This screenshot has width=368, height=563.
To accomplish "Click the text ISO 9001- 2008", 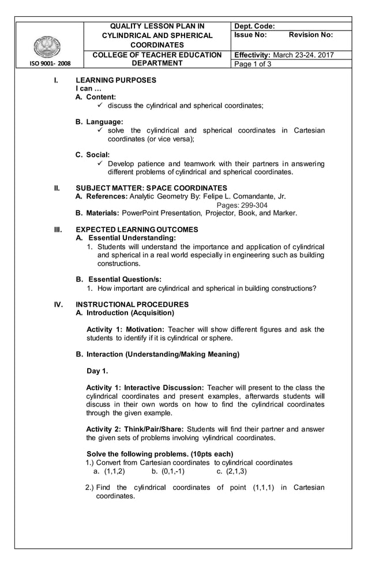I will click(x=49, y=64).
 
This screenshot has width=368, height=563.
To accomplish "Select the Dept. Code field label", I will click(x=254, y=26).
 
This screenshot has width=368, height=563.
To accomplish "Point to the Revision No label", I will click(x=310, y=35).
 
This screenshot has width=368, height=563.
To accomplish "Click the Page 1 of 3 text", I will click(x=253, y=64).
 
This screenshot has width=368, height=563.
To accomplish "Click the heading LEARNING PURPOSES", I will click(x=116, y=80).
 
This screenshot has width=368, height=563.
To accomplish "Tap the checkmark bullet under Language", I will click(x=101, y=131).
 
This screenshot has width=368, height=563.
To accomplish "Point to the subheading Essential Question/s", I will click(x=123, y=279).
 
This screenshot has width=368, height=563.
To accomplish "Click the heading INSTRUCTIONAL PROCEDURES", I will click(x=132, y=304).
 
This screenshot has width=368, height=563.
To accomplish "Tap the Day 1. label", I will click(x=97, y=370).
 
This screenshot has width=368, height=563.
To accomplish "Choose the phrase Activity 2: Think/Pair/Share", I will click(x=134, y=429).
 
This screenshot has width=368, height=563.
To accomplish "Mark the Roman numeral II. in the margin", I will click(x=57, y=188).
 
